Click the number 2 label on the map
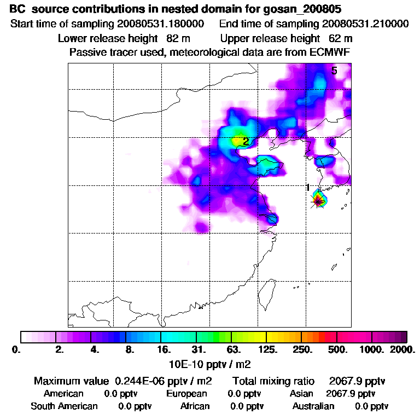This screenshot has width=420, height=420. [x=246, y=142]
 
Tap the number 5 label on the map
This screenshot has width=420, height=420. [x=334, y=71]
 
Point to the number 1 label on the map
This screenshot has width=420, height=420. [x=308, y=188]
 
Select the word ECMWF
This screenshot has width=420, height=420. [x=330, y=52]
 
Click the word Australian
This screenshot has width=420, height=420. [x=313, y=406]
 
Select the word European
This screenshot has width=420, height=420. [x=186, y=394]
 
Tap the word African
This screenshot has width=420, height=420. [x=195, y=406]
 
